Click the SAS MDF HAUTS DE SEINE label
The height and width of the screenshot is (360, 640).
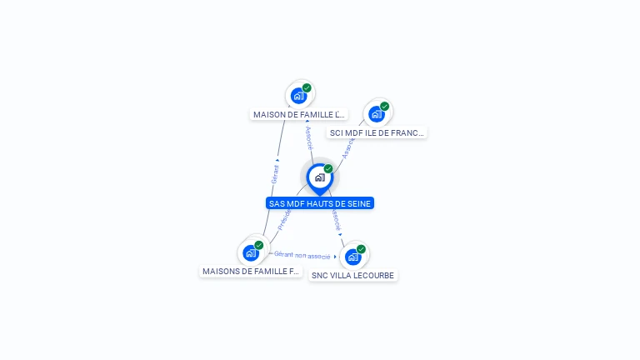tap(320, 203)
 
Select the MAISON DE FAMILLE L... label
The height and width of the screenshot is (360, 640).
tap(298, 114)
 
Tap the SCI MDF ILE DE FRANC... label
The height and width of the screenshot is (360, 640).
tap(377, 132)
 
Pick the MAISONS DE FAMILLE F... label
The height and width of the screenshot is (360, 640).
tap(250, 271)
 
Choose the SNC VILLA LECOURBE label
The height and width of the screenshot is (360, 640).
tap(352, 275)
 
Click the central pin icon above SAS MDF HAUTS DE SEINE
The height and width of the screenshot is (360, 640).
tap(319, 177)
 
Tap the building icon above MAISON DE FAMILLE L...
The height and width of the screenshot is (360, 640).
tap(298, 96)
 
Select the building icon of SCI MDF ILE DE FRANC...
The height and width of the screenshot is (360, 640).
tap(376, 114)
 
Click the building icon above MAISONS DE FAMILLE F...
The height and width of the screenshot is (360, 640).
tap(250, 252)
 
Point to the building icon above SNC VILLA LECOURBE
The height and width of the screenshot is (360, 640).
tap(352, 257)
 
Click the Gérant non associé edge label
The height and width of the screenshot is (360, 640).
tap(302, 255)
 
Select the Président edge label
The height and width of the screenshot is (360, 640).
tap(284, 219)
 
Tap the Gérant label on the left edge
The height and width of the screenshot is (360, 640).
tap(275, 173)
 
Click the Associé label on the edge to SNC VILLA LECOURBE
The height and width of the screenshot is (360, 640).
tap(336, 220)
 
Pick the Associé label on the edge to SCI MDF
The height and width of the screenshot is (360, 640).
tap(347, 147)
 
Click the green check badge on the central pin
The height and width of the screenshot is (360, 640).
tap(328, 169)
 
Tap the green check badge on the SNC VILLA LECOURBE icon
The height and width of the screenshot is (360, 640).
tap(361, 249)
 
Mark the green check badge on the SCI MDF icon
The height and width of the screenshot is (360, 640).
tap(384, 107)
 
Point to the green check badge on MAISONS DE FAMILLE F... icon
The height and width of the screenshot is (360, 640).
tap(258, 245)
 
